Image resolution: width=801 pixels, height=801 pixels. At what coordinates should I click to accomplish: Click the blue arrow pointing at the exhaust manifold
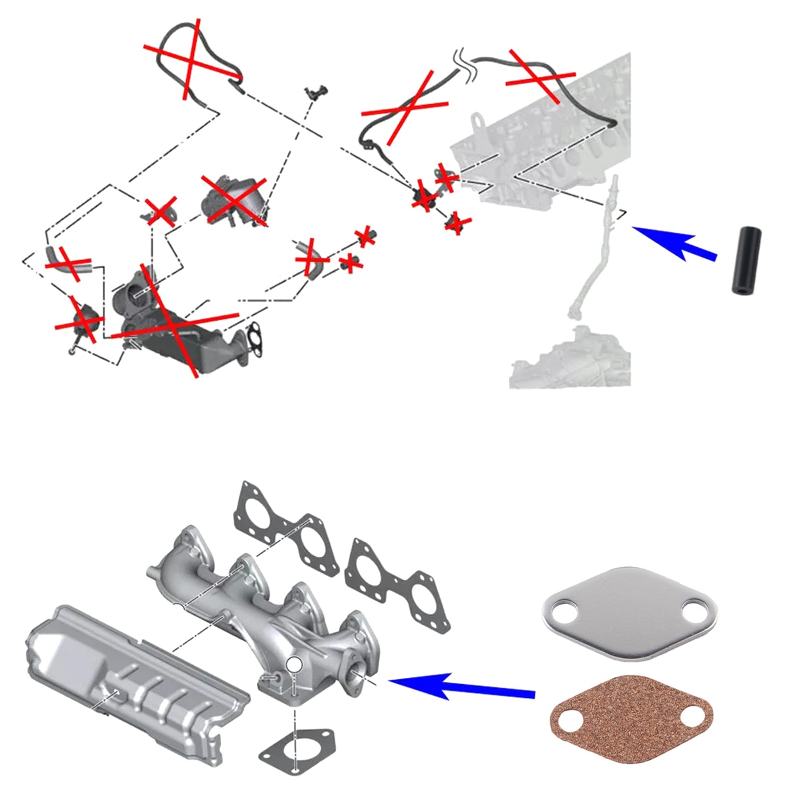click(x=461, y=687)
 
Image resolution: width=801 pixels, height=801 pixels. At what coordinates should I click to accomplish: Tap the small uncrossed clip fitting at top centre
click(x=317, y=92)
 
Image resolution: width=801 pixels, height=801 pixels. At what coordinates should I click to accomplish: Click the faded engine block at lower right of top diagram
click(x=571, y=358)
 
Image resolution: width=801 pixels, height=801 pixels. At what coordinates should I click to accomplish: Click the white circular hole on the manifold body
click(x=294, y=664)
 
